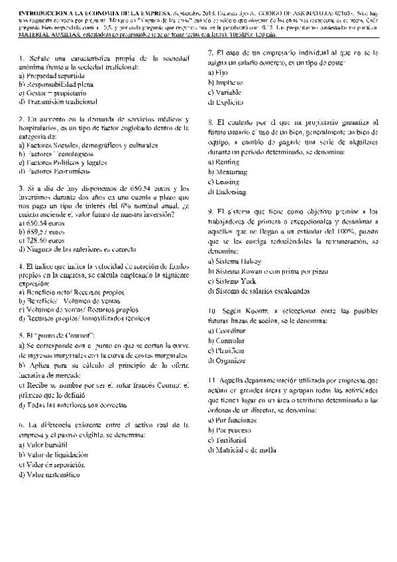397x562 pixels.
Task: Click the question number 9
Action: click(210, 211)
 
